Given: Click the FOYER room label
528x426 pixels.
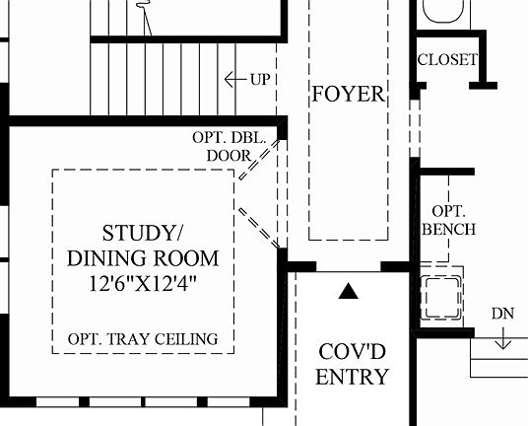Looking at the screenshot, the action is click(x=349, y=94).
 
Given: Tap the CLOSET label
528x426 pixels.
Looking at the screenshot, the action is click(x=447, y=60).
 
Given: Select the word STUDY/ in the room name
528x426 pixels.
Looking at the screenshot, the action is click(x=142, y=233).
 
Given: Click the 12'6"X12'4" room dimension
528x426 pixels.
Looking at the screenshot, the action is click(x=142, y=283).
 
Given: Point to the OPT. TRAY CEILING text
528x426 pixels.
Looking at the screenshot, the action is click(x=143, y=339).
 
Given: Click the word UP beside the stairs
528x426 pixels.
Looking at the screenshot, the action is click(x=260, y=80).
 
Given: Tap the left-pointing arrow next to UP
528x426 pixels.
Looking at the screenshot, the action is click(x=235, y=80).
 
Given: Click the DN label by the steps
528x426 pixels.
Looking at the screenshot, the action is click(x=502, y=314).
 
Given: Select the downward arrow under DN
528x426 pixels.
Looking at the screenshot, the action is click(x=502, y=338).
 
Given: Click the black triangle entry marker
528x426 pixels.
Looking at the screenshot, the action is click(x=349, y=292).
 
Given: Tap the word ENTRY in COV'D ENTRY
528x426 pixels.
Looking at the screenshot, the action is click(x=353, y=377).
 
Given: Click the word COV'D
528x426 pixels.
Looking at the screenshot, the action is click(x=353, y=352).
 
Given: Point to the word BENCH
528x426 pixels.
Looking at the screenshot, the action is click(x=449, y=229).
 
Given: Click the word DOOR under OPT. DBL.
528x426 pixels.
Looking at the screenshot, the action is click(x=230, y=156).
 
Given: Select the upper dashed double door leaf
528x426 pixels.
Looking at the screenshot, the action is click(x=259, y=160).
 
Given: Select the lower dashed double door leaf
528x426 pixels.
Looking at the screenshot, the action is click(x=259, y=228).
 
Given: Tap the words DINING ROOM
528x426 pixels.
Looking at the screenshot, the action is click(x=143, y=258).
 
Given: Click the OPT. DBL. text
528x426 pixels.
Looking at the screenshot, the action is click(x=230, y=137).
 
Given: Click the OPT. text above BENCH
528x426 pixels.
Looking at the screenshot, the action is click(x=449, y=211).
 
